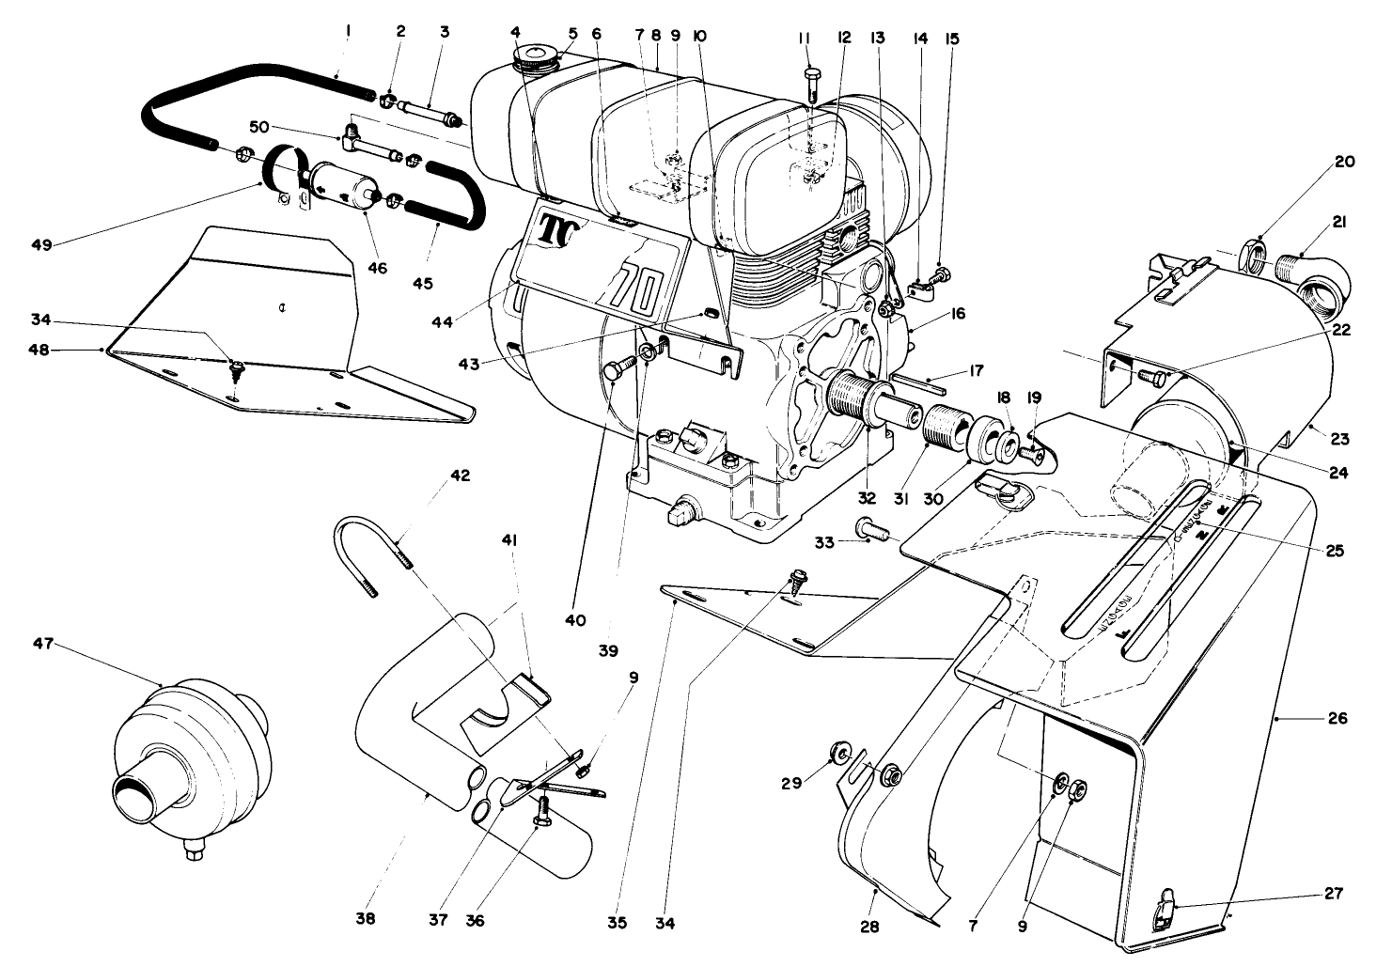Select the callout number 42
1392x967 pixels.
click(459, 476)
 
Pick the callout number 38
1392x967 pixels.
click(366, 919)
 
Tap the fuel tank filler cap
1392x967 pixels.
click(534, 57)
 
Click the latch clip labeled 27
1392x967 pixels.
click(1165, 910)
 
